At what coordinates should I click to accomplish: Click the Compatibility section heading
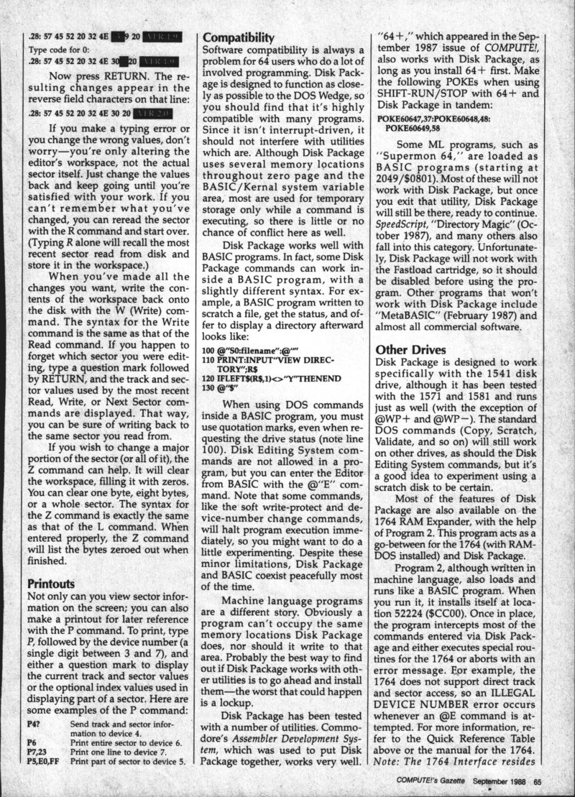tap(238, 37)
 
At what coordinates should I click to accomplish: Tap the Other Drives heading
tap(411, 350)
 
